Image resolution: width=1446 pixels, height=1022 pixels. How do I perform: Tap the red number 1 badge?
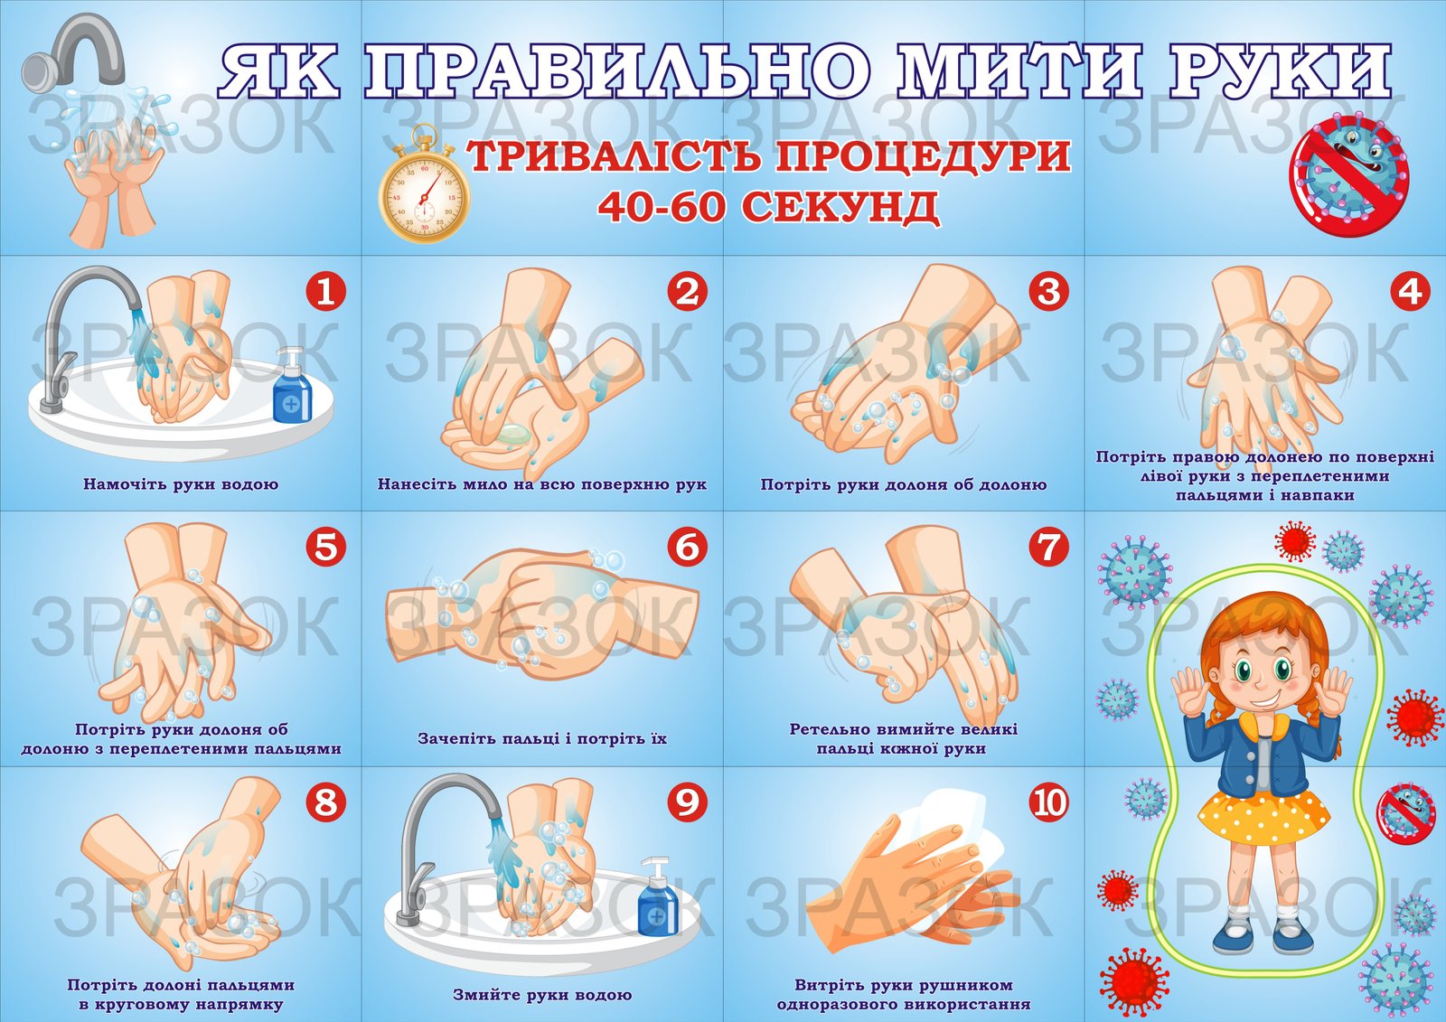pyautogui.click(x=325, y=292)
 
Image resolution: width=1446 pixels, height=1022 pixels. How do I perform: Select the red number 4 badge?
pyautogui.click(x=1410, y=292)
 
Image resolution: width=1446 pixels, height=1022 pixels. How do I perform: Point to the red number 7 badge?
pyautogui.click(x=1049, y=547)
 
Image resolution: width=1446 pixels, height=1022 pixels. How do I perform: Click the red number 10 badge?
pyautogui.click(x=1049, y=802)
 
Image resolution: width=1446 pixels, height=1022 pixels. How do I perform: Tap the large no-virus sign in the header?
pyautogui.click(x=1349, y=175)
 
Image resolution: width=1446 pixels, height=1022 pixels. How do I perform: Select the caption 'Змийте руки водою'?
pyautogui.click(x=542, y=995)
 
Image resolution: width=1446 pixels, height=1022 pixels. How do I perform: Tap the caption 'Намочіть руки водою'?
pyautogui.click(x=181, y=484)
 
